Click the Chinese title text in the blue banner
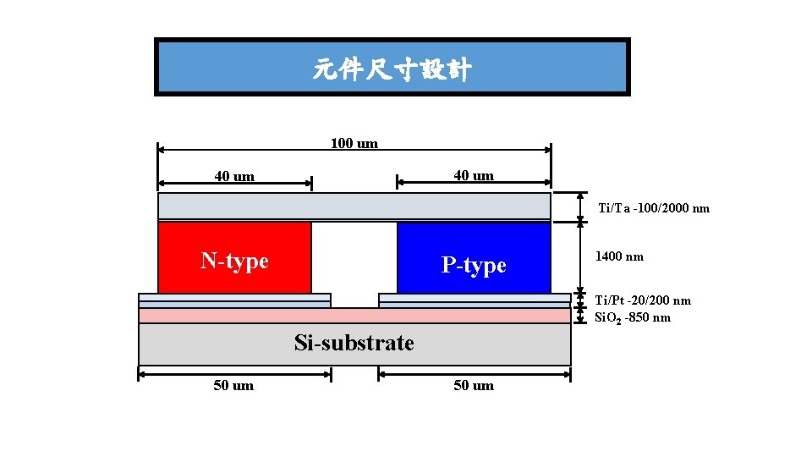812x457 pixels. point(392,69)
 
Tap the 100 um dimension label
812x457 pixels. point(354,143)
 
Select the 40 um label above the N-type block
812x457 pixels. point(234,176)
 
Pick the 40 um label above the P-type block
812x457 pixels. point(474,175)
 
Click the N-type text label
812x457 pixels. point(234,260)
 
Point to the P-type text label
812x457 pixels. point(474,265)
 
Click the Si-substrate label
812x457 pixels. point(354,343)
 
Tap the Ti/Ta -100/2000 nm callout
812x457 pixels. point(654,208)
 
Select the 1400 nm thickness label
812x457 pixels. point(620,256)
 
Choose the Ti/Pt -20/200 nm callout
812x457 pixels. point(643,300)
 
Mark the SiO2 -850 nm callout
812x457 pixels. point(634,317)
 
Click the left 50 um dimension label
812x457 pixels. point(233,385)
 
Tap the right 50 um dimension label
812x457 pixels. point(474,385)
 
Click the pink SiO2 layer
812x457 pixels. point(354,315)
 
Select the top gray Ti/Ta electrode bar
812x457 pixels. point(354,206)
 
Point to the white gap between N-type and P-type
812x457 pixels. point(354,257)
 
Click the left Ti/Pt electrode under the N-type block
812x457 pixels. point(234,299)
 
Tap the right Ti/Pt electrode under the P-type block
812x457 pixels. point(475,299)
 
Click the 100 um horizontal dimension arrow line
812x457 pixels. point(254,150)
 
